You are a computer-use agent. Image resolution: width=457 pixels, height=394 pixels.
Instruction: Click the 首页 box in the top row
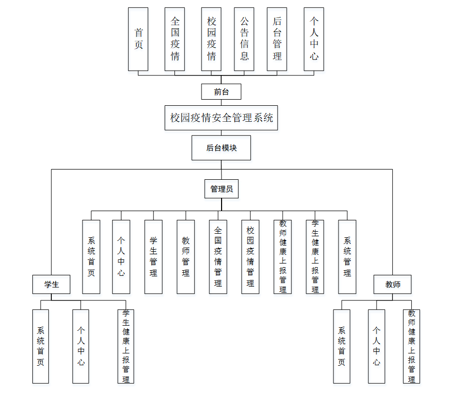coord(138,39)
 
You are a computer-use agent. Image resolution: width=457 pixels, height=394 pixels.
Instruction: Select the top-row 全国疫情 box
coord(174,39)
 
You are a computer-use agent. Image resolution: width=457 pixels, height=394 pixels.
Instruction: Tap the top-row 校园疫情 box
coord(211,39)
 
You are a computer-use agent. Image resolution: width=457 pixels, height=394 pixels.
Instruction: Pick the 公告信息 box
coord(244,39)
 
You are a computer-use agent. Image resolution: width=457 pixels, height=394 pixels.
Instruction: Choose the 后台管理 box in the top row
coord(277,39)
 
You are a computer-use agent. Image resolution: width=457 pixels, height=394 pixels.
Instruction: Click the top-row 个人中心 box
coord(314,39)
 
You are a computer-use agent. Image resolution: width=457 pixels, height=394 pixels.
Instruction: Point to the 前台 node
coord(221,92)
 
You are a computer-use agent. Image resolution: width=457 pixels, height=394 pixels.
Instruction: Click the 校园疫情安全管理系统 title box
coord(222,118)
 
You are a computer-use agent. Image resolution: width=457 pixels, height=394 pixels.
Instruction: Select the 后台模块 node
coord(222,148)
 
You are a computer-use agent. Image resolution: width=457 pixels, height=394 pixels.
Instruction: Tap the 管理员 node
coord(222,189)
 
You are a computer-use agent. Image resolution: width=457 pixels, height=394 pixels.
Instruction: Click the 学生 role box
coord(51,284)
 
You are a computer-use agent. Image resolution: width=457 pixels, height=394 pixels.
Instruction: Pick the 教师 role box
coord(393,284)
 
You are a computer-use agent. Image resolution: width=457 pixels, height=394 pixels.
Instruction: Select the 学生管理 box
coord(153,257)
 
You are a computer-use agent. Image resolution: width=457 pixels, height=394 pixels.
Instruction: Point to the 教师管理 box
coord(186,257)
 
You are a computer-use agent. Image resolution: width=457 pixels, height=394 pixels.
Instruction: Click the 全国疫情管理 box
coord(218,257)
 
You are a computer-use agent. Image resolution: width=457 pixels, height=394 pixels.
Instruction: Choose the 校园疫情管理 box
coord(250,257)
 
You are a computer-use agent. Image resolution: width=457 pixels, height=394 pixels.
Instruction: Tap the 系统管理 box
coord(347,257)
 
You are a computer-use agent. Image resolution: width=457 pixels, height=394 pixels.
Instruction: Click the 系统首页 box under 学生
coord(41,346)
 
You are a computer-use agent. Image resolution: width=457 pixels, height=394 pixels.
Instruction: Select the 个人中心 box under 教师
coord(376,346)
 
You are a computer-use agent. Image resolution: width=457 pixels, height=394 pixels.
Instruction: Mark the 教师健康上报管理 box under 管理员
coord(283,257)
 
